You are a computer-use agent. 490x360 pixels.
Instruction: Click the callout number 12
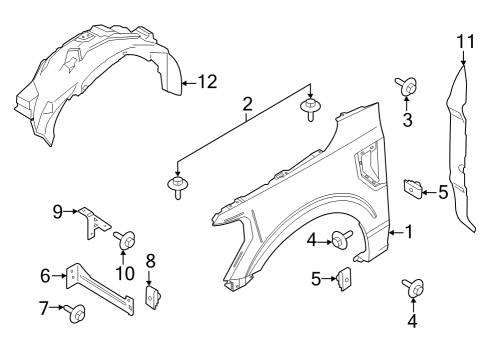(206, 83)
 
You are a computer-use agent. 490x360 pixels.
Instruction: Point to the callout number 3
(408, 121)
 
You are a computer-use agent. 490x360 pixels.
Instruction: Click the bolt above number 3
(408, 87)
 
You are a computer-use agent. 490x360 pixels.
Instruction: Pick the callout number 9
(58, 210)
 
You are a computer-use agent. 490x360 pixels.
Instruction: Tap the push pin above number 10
(126, 239)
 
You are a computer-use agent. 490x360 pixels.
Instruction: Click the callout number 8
(151, 261)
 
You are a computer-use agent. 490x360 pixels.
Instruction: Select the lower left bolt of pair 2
(179, 186)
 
